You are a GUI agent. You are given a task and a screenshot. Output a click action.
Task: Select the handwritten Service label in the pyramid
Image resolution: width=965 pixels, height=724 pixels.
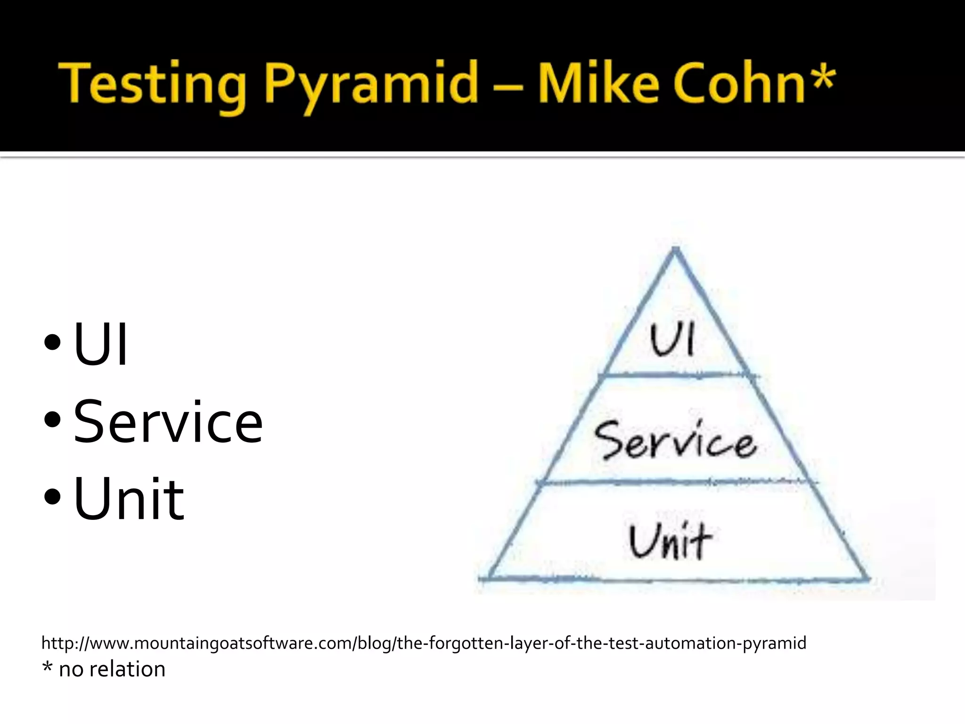(x=675, y=441)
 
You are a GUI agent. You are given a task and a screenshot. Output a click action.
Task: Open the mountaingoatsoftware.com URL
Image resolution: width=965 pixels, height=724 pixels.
(x=424, y=643)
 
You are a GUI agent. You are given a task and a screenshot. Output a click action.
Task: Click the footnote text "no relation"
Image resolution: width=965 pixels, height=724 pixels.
(x=112, y=669)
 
